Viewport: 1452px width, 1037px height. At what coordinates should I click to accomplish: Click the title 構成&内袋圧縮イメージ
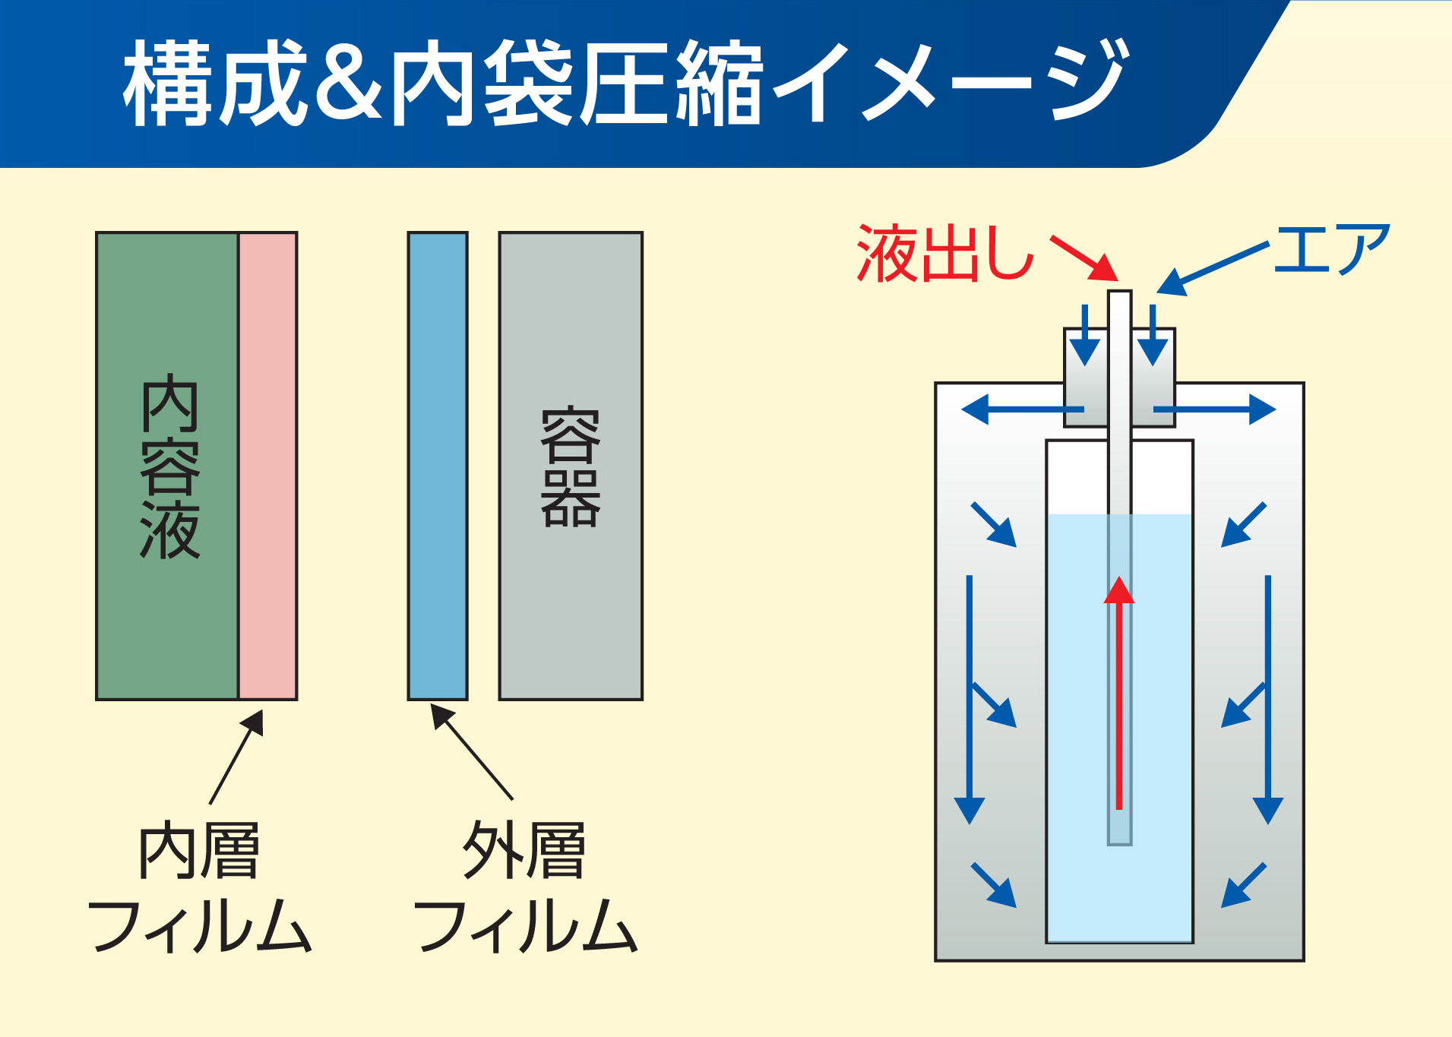625,84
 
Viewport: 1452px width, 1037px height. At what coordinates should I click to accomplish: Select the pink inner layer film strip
267,465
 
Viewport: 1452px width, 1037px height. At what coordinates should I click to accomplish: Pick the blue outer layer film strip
438,465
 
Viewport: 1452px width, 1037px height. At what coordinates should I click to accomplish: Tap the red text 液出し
944,255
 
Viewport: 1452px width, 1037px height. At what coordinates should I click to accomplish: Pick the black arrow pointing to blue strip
471,751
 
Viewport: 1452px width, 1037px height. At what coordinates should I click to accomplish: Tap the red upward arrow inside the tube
1118,691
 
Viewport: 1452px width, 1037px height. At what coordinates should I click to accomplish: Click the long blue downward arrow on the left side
970,699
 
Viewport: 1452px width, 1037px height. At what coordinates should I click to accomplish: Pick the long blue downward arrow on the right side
1267,699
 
